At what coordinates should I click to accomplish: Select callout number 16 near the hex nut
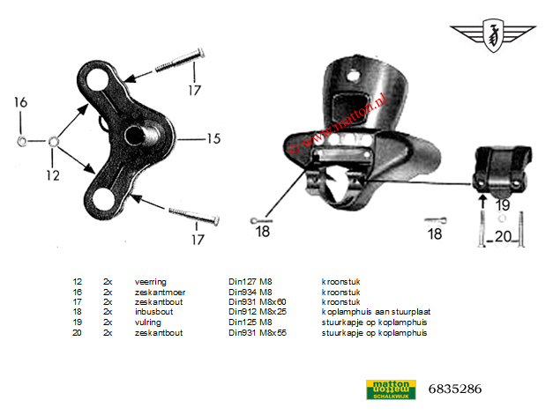20,104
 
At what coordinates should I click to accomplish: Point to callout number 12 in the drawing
53,174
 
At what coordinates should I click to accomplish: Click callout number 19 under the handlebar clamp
502,204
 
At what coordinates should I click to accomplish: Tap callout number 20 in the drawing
502,235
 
